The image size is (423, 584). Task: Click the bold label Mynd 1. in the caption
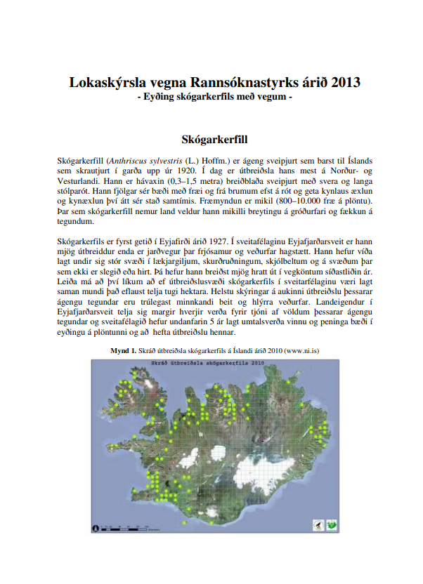(x=123, y=350)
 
